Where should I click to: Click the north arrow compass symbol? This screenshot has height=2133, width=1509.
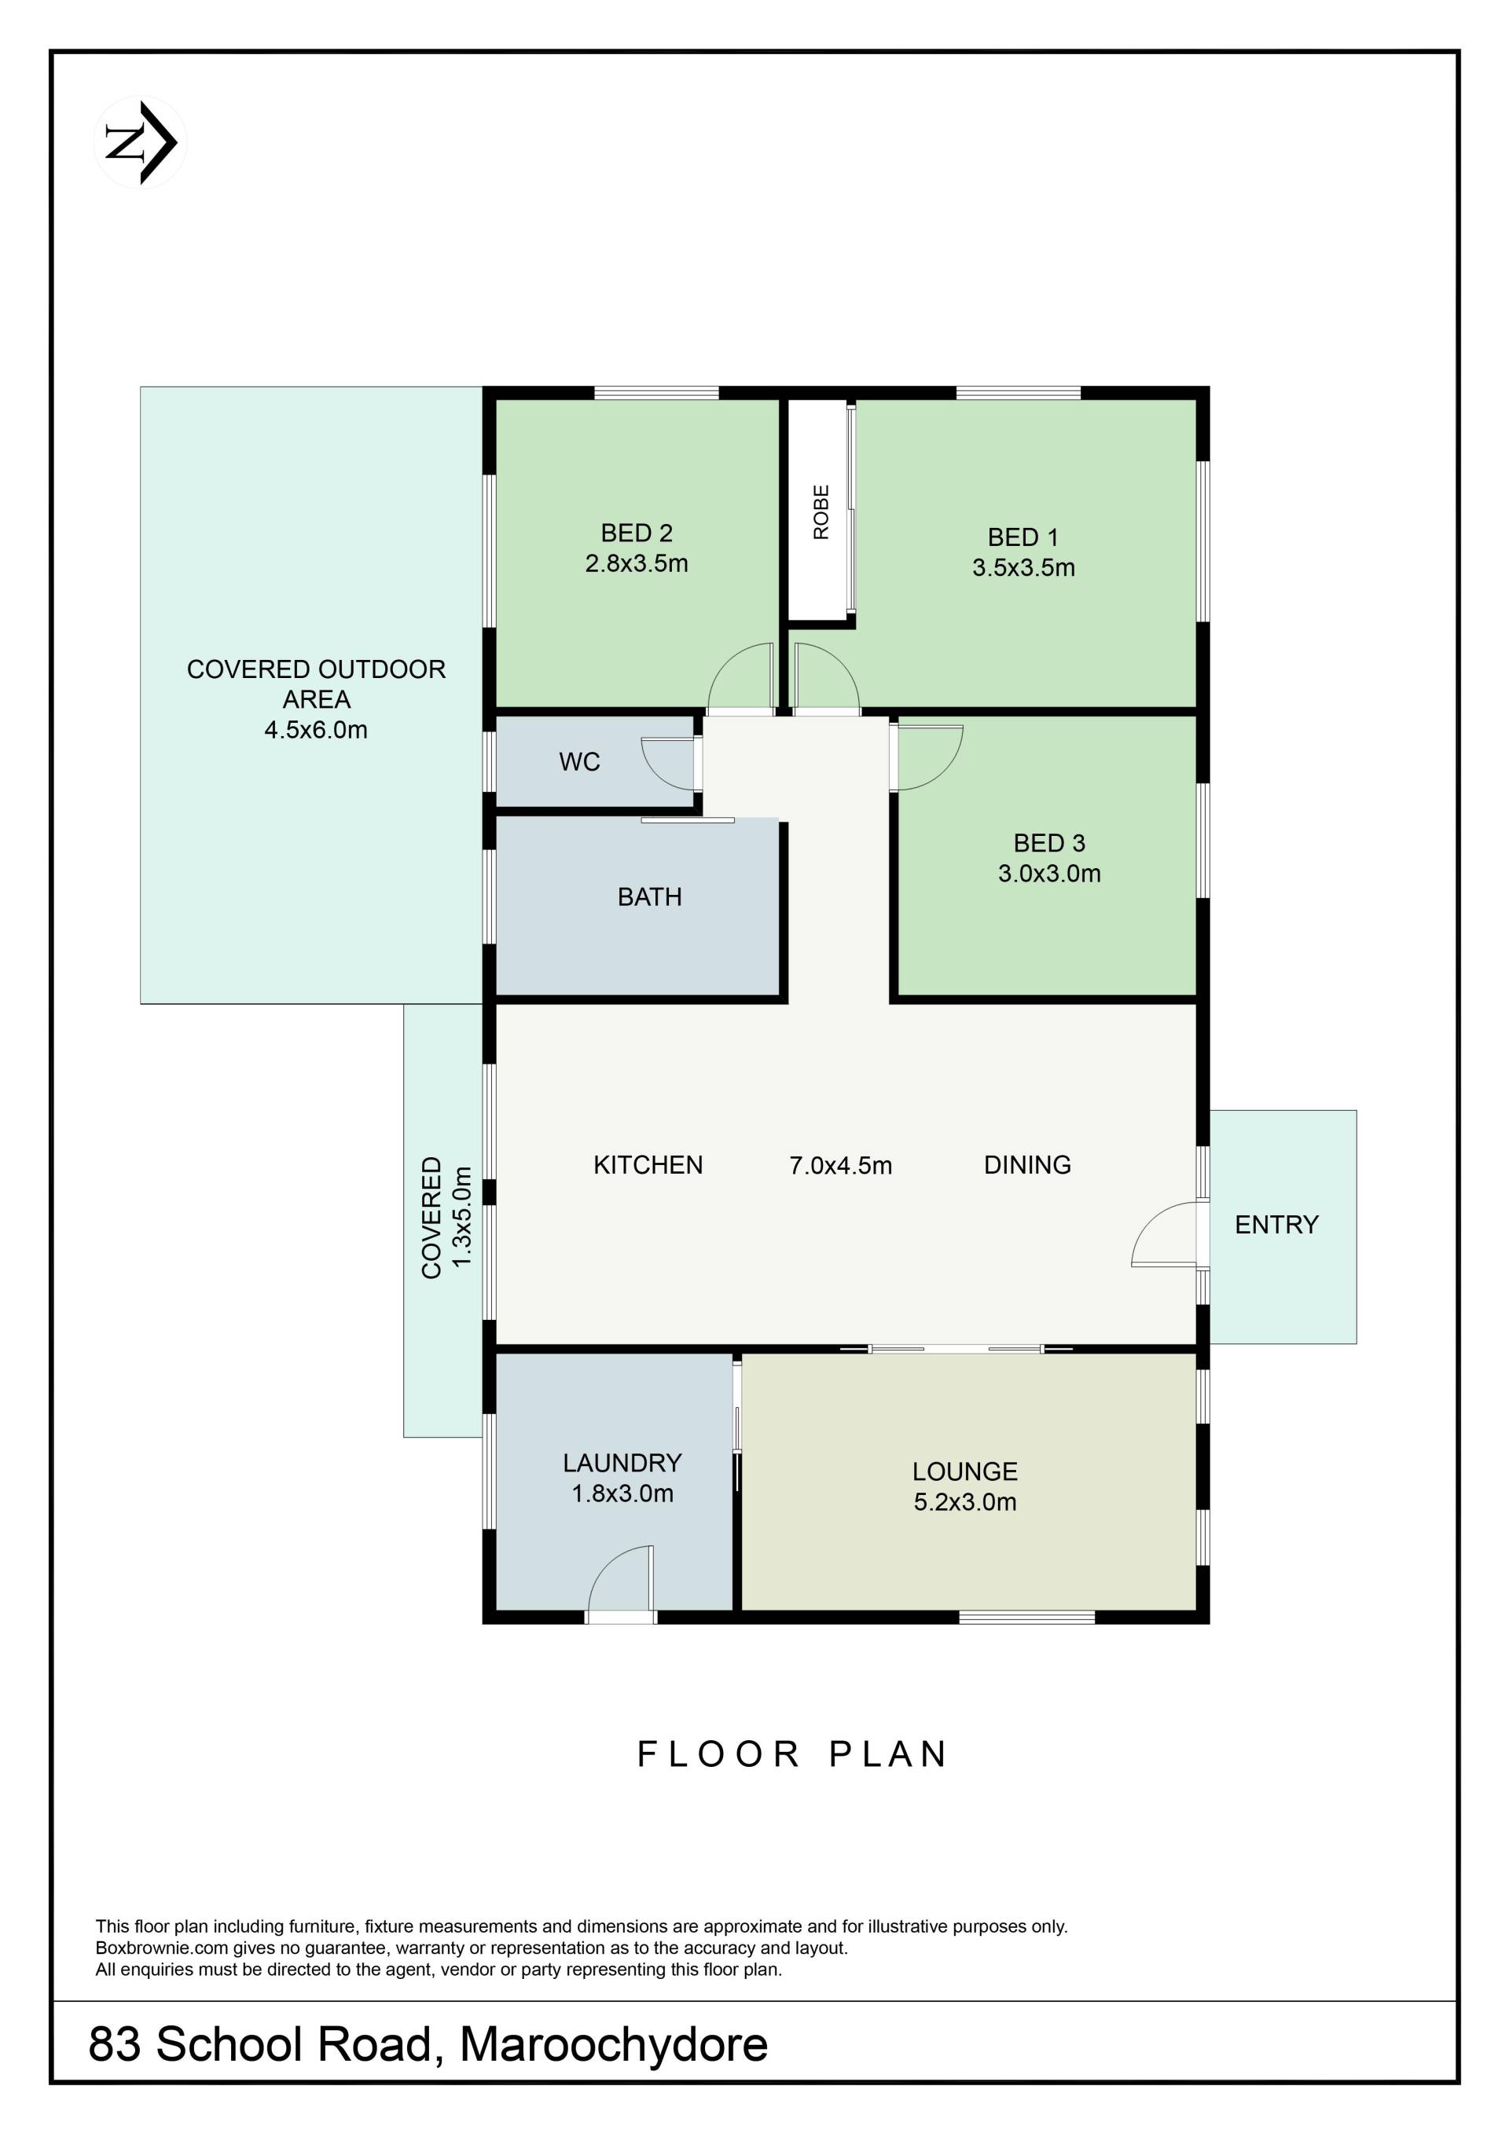[141, 143]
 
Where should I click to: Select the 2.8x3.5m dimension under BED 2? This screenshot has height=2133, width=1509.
[637, 563]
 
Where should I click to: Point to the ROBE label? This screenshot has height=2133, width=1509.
[821, 512]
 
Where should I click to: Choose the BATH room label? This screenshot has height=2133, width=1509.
[649, 896]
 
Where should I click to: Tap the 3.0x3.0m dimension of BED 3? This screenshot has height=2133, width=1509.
[1049, 874]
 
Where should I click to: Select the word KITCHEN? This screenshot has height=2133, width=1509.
[648, 1165]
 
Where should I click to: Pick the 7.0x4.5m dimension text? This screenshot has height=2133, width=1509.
[840, 1165]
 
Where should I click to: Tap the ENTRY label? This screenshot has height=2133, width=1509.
[1276, 1225]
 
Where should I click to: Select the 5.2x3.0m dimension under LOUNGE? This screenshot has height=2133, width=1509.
[964, 1502]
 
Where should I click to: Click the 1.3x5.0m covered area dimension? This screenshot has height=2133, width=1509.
[462, 1217]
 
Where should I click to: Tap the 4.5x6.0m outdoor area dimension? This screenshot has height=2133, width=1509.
[316, 729]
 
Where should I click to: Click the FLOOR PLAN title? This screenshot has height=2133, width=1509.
[791, 1754]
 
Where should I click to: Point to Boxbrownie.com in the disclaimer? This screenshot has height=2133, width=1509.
[162, 1948]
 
